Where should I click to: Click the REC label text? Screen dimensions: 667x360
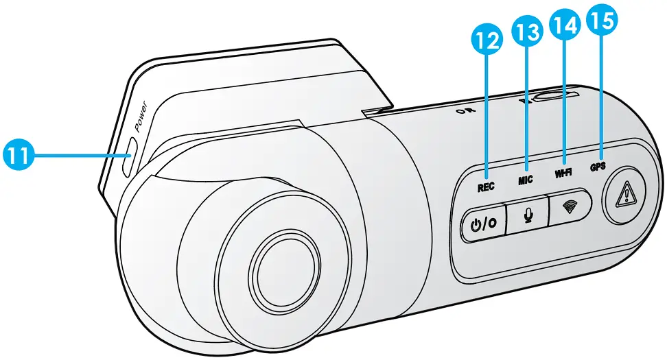(x=487, y=186)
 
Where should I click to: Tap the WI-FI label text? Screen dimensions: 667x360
(x=563, y=173)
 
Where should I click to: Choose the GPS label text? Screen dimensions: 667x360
(x=598, y=167)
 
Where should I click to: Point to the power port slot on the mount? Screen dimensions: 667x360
(x=128, y=157)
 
